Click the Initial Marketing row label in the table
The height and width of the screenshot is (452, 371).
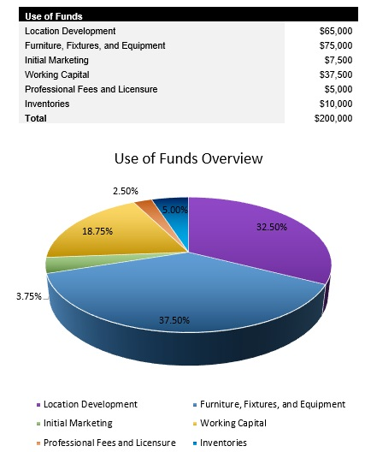point(61,60)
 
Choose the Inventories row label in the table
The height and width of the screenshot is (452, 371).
point(48,104)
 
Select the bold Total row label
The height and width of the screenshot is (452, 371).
point(37,119)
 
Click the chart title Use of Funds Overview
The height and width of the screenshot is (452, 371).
point(188,159)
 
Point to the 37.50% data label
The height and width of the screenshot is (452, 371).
point(174,320)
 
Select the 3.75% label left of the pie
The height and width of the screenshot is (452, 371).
point(28,296)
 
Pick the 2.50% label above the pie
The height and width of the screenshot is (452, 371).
point(126,192)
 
